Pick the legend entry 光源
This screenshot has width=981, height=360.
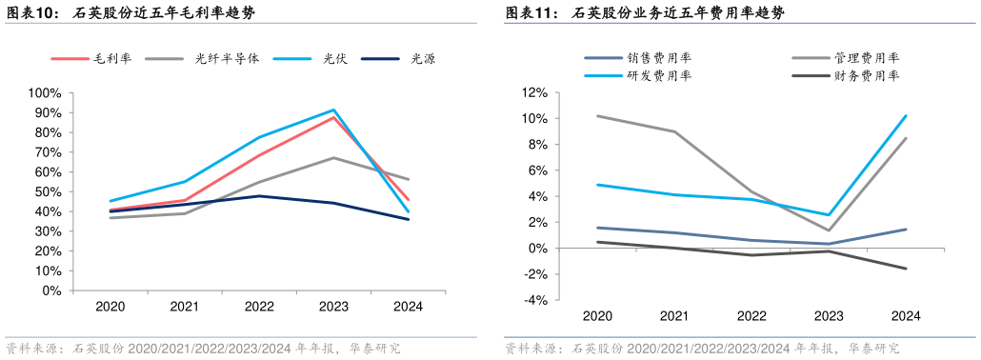[422, 59]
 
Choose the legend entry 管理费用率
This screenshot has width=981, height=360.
[867, 58]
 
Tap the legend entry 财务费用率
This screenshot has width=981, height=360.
[867, 75]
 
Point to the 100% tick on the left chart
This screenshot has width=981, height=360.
[45, 93]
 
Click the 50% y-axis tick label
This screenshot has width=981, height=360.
[48, 192]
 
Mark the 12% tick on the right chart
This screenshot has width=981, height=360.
[534, 93]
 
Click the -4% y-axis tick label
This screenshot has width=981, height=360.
[534, 300]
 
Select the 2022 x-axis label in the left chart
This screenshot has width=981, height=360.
[259, 307]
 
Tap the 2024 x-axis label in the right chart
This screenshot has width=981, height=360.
[905, 316]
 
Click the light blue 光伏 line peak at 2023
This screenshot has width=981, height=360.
[333, 110]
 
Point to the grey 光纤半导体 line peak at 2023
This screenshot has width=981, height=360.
[333, 158]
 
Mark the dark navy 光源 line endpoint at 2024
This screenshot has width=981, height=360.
[409, 219]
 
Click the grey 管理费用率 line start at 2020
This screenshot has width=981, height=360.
[597, 116]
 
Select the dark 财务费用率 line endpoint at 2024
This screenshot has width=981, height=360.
[905, 269]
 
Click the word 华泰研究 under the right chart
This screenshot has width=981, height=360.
[871, 349]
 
